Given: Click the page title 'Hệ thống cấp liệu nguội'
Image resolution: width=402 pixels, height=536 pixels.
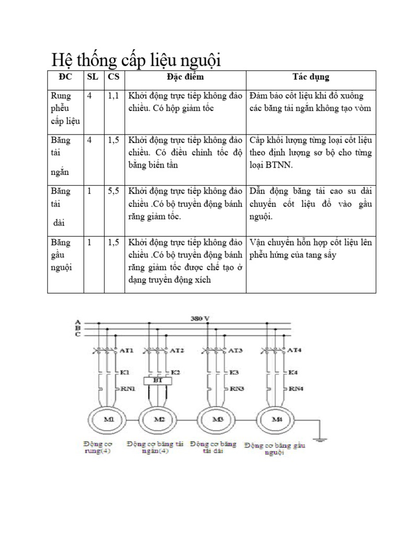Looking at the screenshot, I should (x=136, y=61).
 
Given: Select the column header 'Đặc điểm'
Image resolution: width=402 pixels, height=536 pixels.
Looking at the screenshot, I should (x=185, y=77).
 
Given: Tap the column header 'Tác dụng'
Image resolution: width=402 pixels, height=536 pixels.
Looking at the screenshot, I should (x=310, y=77).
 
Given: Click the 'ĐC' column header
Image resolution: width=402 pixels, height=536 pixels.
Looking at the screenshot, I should (x=66, y=77).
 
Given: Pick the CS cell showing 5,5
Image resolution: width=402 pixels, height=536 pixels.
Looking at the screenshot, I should (x=114, y=191).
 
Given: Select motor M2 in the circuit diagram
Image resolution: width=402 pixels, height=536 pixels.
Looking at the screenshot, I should (x=159, y=419).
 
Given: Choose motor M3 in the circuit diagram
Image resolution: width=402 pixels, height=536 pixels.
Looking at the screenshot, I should (x=218, y=419).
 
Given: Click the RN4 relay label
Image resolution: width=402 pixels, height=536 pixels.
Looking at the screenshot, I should (x=296, y=388).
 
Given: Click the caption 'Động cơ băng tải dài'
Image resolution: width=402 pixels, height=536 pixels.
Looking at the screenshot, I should (x=214, y=447).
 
